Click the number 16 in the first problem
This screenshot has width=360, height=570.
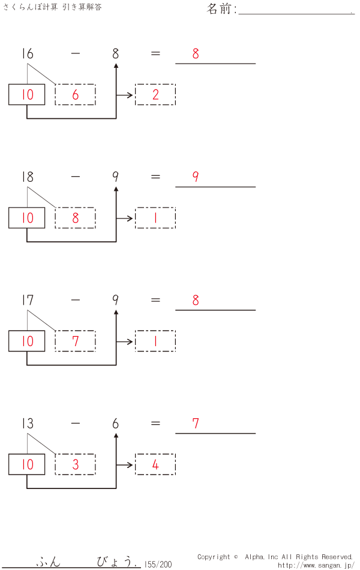coord(27,54)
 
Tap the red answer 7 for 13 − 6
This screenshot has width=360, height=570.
coord(196,424)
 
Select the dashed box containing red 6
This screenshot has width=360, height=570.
coord(75,95)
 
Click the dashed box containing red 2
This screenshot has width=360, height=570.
coord(155,95)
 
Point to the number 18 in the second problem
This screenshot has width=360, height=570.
coord(27,177)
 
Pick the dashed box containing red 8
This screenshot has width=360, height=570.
coord(75,218)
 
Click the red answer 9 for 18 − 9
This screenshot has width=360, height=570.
coord(196,177)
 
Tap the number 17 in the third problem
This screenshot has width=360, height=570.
coord(27,300)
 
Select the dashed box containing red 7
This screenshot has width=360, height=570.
coord(75,341)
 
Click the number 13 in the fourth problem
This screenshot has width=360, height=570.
coord(27,424)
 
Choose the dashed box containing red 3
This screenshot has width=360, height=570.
coord(75,464)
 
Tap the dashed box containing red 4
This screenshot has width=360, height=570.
coord(155,464)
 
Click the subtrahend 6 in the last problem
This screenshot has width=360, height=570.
coord(115,424)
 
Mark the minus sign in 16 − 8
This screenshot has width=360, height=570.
coord(75,54)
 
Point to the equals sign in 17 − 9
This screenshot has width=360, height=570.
coord(155,300)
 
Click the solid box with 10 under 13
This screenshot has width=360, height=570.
coord(27,464)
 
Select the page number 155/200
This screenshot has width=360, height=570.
coord(158,564)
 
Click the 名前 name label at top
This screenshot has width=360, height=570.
coord(221,9)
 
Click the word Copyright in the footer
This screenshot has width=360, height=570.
coord(214,557)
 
